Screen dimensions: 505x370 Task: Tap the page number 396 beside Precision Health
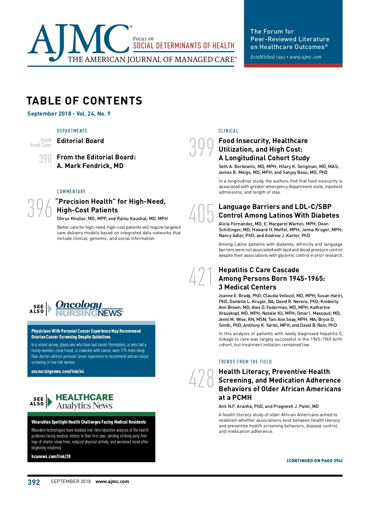pos(40,208)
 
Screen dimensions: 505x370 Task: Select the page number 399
pos(201,147)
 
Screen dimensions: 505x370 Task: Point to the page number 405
pos(201,213)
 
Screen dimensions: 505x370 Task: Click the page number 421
pos(201,277)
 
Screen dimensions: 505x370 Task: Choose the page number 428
pos(201,378)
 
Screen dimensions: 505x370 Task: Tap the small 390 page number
pos(45,158)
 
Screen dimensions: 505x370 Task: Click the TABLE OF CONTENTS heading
pos(84,101)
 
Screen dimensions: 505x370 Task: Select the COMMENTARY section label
pos(71,191)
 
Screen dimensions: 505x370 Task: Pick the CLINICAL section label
pos(228,131)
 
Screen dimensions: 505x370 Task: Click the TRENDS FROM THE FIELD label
pos(245,362)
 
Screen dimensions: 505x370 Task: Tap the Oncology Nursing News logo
pos(89,309)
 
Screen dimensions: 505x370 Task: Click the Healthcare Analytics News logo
pos(84,401)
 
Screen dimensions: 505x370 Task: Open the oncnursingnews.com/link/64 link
pos(58,372)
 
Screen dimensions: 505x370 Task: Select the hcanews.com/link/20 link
pos(51,456)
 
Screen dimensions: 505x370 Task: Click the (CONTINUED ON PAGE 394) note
pos(314,461)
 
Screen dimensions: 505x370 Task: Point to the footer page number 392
pos(34,482)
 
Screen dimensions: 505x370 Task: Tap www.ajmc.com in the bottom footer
pos(112,482)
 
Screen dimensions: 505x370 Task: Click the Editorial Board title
pos(80,141)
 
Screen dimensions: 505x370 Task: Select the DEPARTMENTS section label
pos(72,131)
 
